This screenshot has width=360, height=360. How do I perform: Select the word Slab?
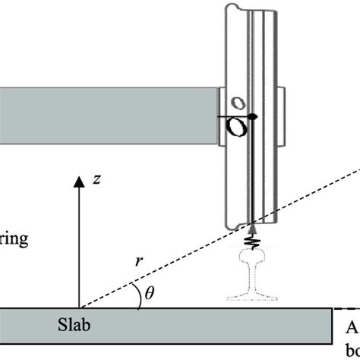79,322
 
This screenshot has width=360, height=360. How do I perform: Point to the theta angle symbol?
149,292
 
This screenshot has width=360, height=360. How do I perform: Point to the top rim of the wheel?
250,6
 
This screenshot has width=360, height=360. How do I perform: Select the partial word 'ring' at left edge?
14,240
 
